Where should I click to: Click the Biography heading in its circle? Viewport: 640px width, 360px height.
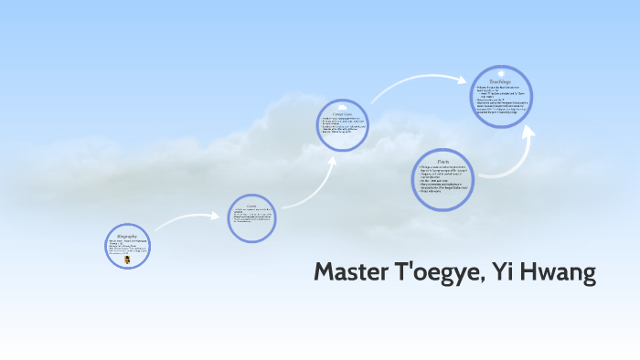[x=127, y=236]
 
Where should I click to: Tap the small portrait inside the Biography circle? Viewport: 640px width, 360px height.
[x=126, y=259]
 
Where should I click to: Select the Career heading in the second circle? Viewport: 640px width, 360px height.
[x=252, y=206]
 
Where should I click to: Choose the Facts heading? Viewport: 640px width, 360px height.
[x=443, y=162]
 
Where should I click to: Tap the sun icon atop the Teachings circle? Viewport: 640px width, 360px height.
[x=501, y=72]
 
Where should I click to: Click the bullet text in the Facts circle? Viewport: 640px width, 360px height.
[x=443, y=180]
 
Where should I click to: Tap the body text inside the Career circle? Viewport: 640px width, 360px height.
[x=252, y=219]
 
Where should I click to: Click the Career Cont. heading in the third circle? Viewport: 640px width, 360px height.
[x=343, y=114]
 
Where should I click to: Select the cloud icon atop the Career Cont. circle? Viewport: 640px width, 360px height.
[x=344, y=105]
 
